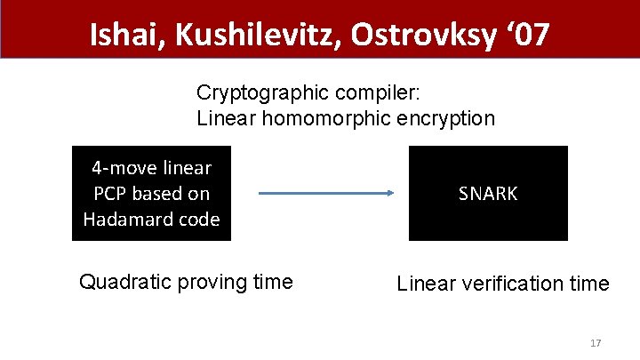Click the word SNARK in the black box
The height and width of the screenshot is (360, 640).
pos(488,194)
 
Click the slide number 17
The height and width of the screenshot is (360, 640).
pos(596,343)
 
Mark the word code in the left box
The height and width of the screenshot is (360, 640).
pos(200,220)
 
